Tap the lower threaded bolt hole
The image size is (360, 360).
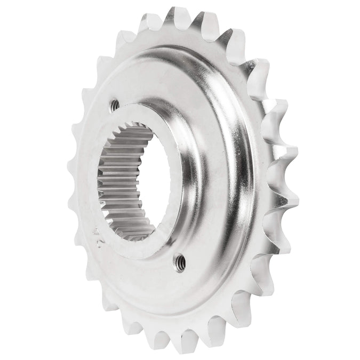coord(181,261)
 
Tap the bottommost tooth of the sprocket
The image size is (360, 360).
coord(184,344)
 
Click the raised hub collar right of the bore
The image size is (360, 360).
coord(184,176)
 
